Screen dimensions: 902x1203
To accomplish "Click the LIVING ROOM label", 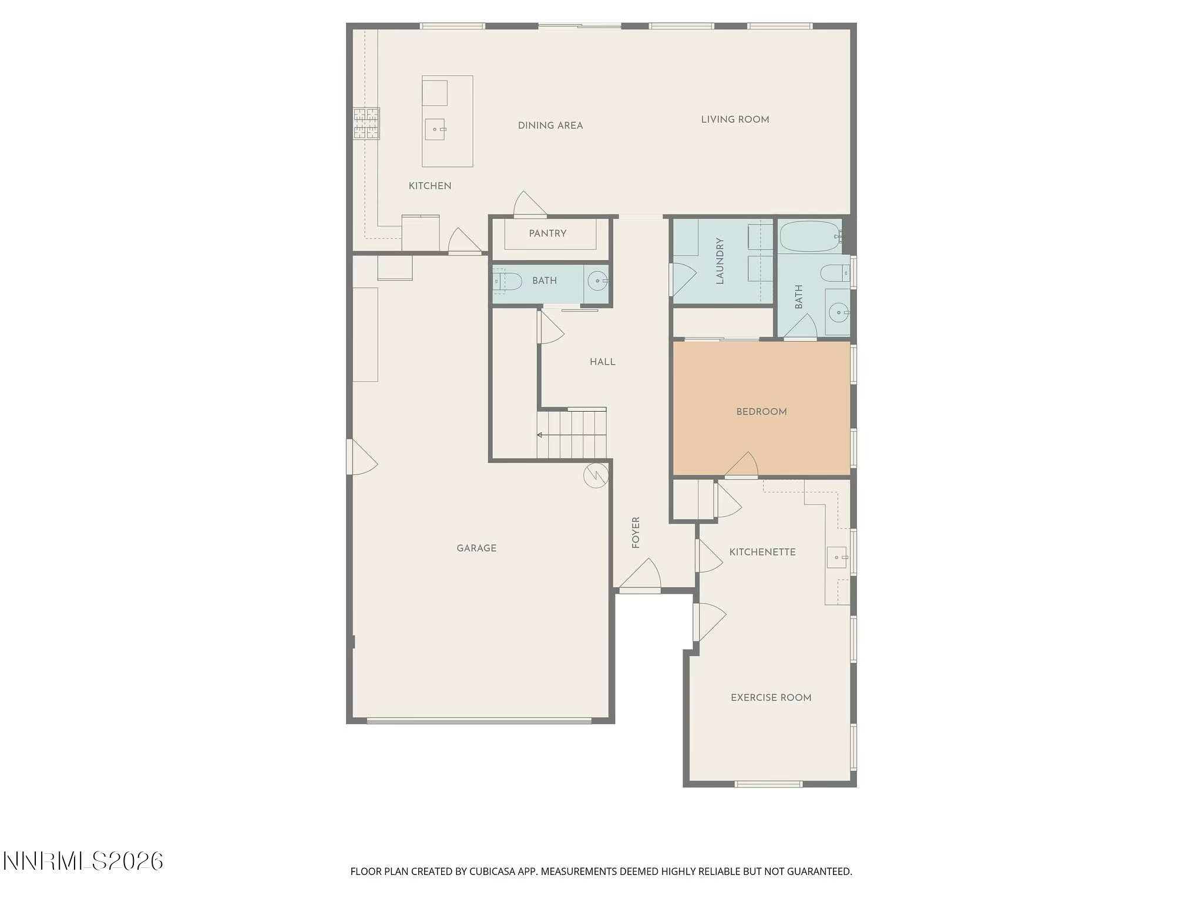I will [735, 119].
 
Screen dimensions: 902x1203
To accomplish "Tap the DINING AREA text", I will [550, 125].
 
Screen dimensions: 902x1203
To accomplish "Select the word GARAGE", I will [476, 548].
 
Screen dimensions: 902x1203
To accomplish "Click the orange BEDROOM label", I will [761, 412].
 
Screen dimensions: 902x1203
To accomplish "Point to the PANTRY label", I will [547, 233].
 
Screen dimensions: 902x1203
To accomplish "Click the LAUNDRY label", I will [720, 261].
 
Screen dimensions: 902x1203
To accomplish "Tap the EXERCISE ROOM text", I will [771, 698].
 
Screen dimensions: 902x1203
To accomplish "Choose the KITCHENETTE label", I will [762, 552].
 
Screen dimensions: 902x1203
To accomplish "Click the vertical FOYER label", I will [636, 533].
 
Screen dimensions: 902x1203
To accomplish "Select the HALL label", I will [603, 362].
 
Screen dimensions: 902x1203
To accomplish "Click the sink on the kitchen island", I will [435, 129].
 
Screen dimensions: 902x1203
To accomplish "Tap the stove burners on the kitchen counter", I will [366, 123].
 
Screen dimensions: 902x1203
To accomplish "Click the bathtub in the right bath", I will [809, 236].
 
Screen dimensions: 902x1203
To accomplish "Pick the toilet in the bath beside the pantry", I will [508, 282].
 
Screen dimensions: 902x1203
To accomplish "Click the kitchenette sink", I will [837, 557].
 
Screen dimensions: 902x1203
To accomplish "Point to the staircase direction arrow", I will [540, 435].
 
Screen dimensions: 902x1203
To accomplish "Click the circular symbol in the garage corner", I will [595, 476].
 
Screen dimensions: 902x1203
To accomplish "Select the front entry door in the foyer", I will [641, 575].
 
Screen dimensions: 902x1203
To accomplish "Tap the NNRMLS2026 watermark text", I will [83, 861].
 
